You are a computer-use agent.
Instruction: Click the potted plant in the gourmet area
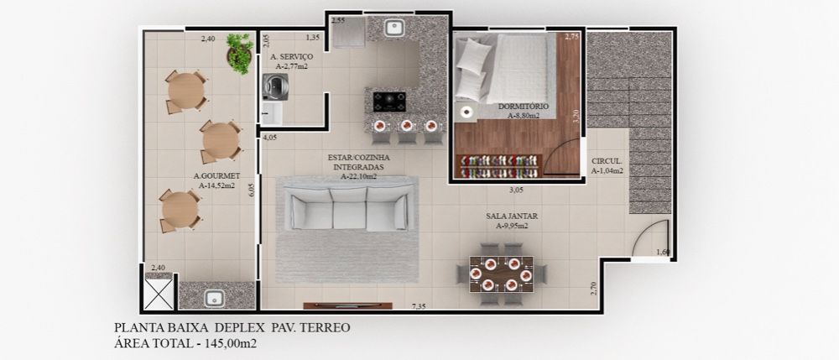239,52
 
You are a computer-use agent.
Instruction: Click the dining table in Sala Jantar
501,273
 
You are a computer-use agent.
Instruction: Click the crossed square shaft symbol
159,293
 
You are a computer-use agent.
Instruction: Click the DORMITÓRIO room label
523,107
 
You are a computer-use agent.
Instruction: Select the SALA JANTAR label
511,216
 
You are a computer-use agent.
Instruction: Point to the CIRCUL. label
607,160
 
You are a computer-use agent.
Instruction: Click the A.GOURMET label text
216,176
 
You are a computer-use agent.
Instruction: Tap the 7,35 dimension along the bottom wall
417,306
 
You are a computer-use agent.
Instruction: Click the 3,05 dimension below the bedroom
516,190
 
